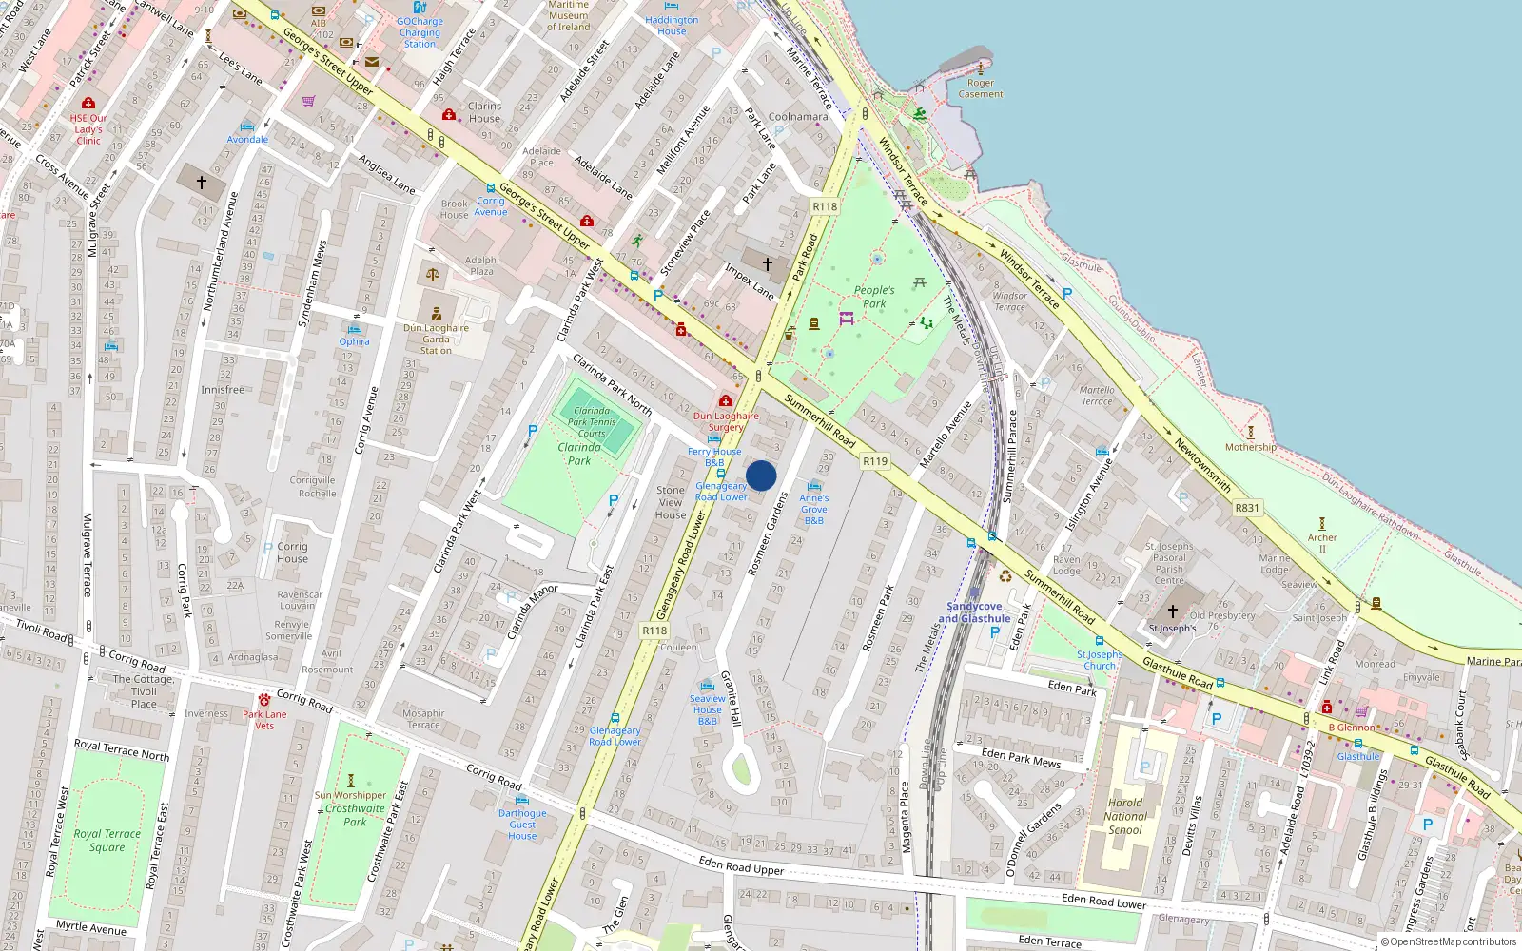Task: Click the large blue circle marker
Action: pos(761,475)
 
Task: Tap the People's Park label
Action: pos(873,297)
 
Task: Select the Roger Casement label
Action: pos(981,88)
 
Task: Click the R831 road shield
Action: pos(1246,508)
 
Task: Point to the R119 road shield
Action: pos(874,461)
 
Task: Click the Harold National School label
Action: pos(1125,816)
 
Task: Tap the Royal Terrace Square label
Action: pos(107,841)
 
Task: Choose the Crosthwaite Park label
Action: pos(355,815)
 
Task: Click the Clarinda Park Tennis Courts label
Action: pos(592,422)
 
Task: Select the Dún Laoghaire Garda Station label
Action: pos(436,339)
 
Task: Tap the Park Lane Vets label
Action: pos(264,720)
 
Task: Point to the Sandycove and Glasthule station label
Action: pos(974,612)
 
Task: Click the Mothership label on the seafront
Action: pos(1251,447)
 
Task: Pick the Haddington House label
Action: pos(672,26)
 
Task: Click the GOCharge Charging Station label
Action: pos(420,32)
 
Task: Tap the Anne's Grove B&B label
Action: pos(814,509)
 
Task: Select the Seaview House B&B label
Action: pos(708,709)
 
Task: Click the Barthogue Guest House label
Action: pos(522,825)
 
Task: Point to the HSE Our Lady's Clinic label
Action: pos(88,129)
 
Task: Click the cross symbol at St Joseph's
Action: pos(1173,611)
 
